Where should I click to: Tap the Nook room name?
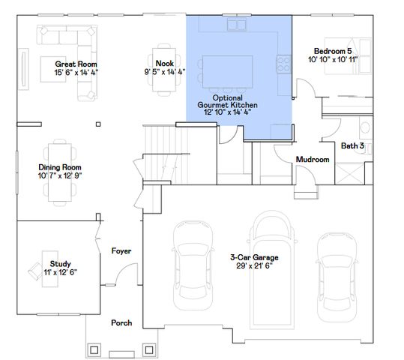click(x=164, y=64)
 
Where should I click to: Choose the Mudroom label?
click(x=312, y=160)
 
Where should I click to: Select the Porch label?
click(x=121, y=322)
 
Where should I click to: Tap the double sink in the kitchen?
click(x=238, y=25)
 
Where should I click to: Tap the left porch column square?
click(x=95, y=349)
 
